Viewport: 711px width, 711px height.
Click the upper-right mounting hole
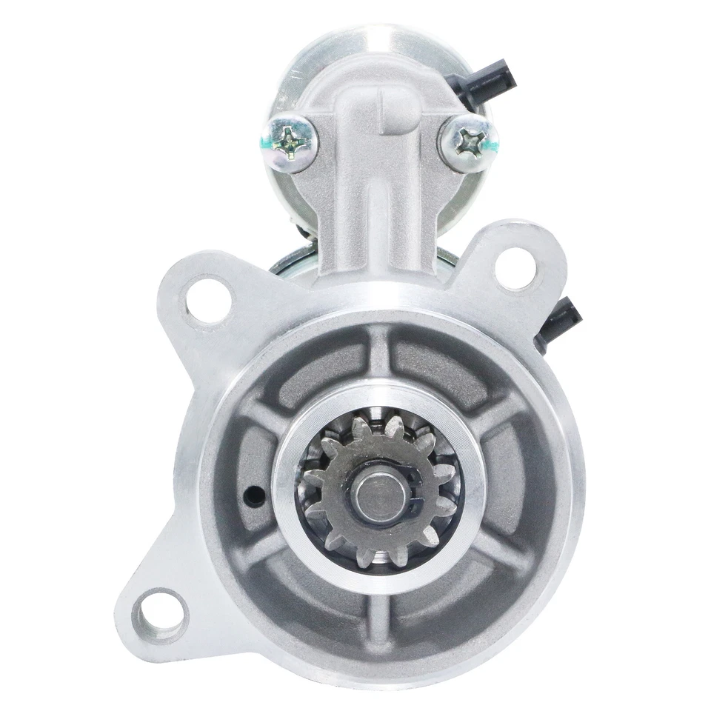(515, 268)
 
